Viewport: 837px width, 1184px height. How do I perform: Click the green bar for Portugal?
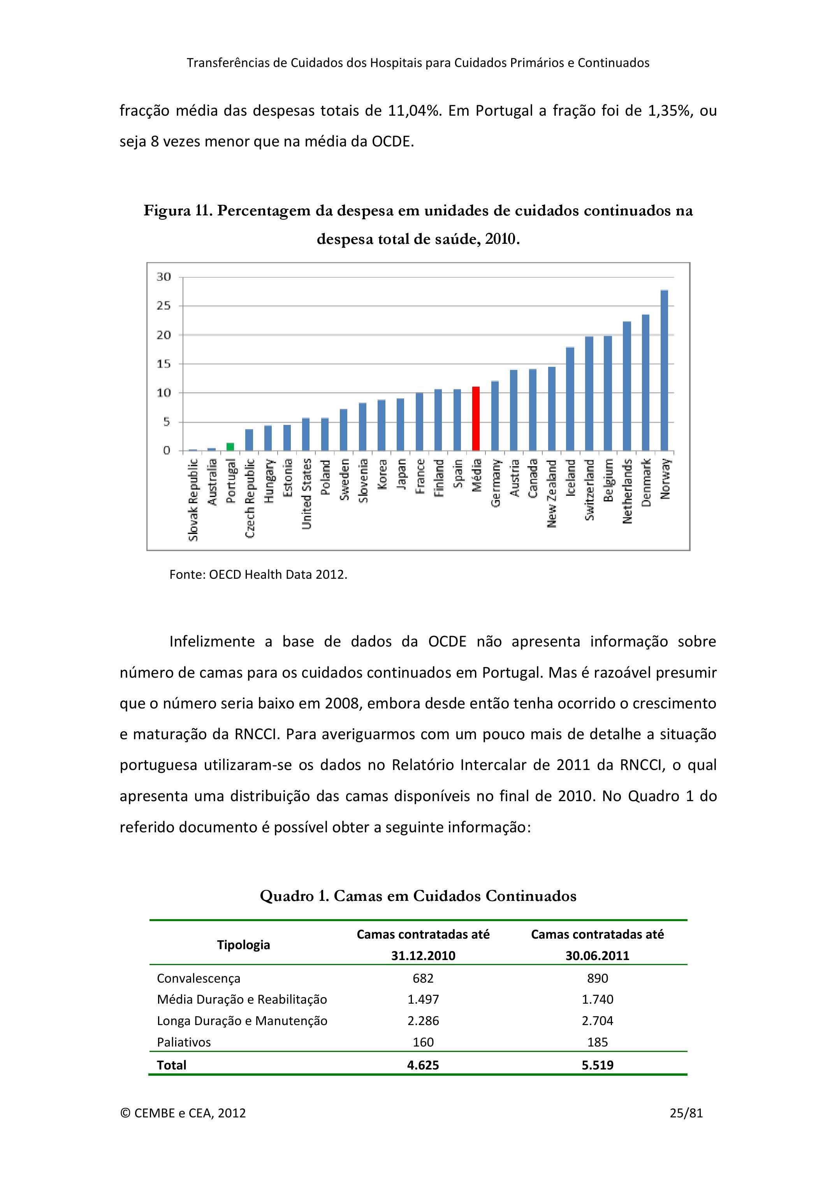coord(230,447)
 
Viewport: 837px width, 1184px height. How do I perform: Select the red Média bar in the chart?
coord(476,419)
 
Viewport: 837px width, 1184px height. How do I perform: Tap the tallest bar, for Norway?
coord(664,371)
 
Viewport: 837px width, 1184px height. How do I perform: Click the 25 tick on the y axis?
coord(164,306)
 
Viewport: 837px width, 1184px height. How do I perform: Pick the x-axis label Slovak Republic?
coord(193,500)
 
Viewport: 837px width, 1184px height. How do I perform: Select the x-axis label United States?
coord(306,494)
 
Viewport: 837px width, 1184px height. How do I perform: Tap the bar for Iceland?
coord(570,399)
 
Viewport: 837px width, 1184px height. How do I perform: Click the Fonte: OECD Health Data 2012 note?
coord(258,574)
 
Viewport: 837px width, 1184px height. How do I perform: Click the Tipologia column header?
coord(243,945)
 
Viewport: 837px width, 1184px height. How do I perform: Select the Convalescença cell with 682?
coord(423,978)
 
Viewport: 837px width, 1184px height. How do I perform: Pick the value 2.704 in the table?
coord(597,1020)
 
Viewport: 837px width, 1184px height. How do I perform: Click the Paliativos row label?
coord(184,1042)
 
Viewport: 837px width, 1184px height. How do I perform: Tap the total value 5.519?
coord(597,1065)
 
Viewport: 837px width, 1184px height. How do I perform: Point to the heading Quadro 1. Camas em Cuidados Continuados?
coord(418,896)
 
